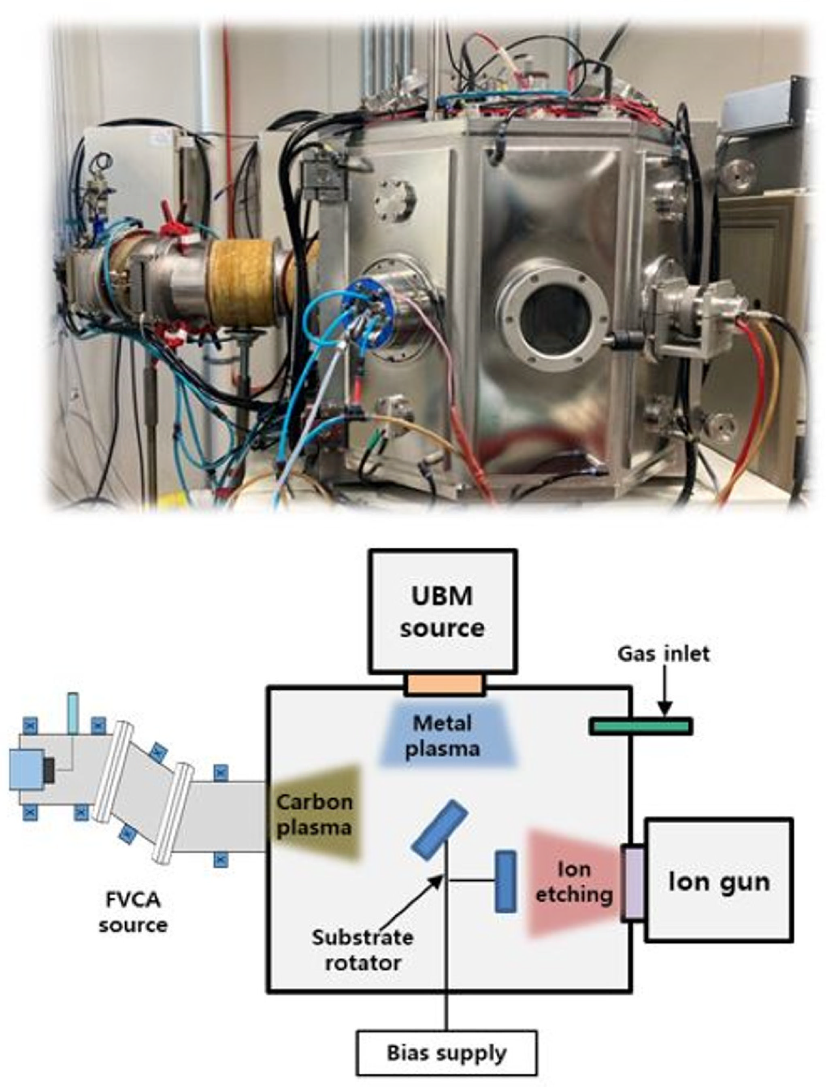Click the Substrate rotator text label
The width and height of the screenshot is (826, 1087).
point(362,949)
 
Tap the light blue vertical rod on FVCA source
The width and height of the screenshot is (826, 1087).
point(73,712)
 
